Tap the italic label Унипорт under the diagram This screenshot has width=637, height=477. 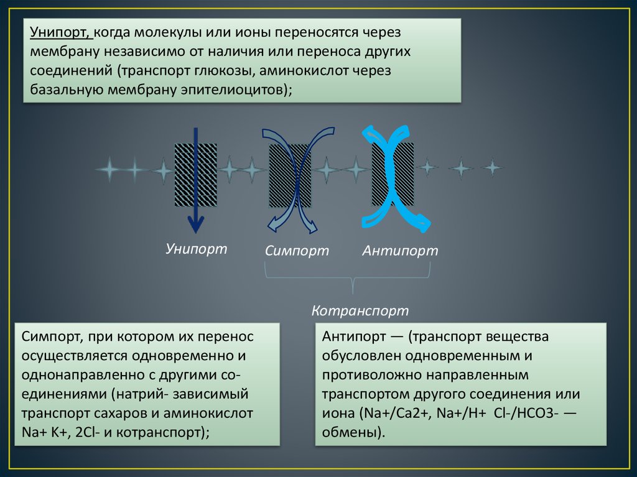point(197,249)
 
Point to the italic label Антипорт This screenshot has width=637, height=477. point(401,251)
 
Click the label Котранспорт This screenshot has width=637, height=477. point(360,310)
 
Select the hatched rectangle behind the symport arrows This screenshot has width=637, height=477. point(290,175)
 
